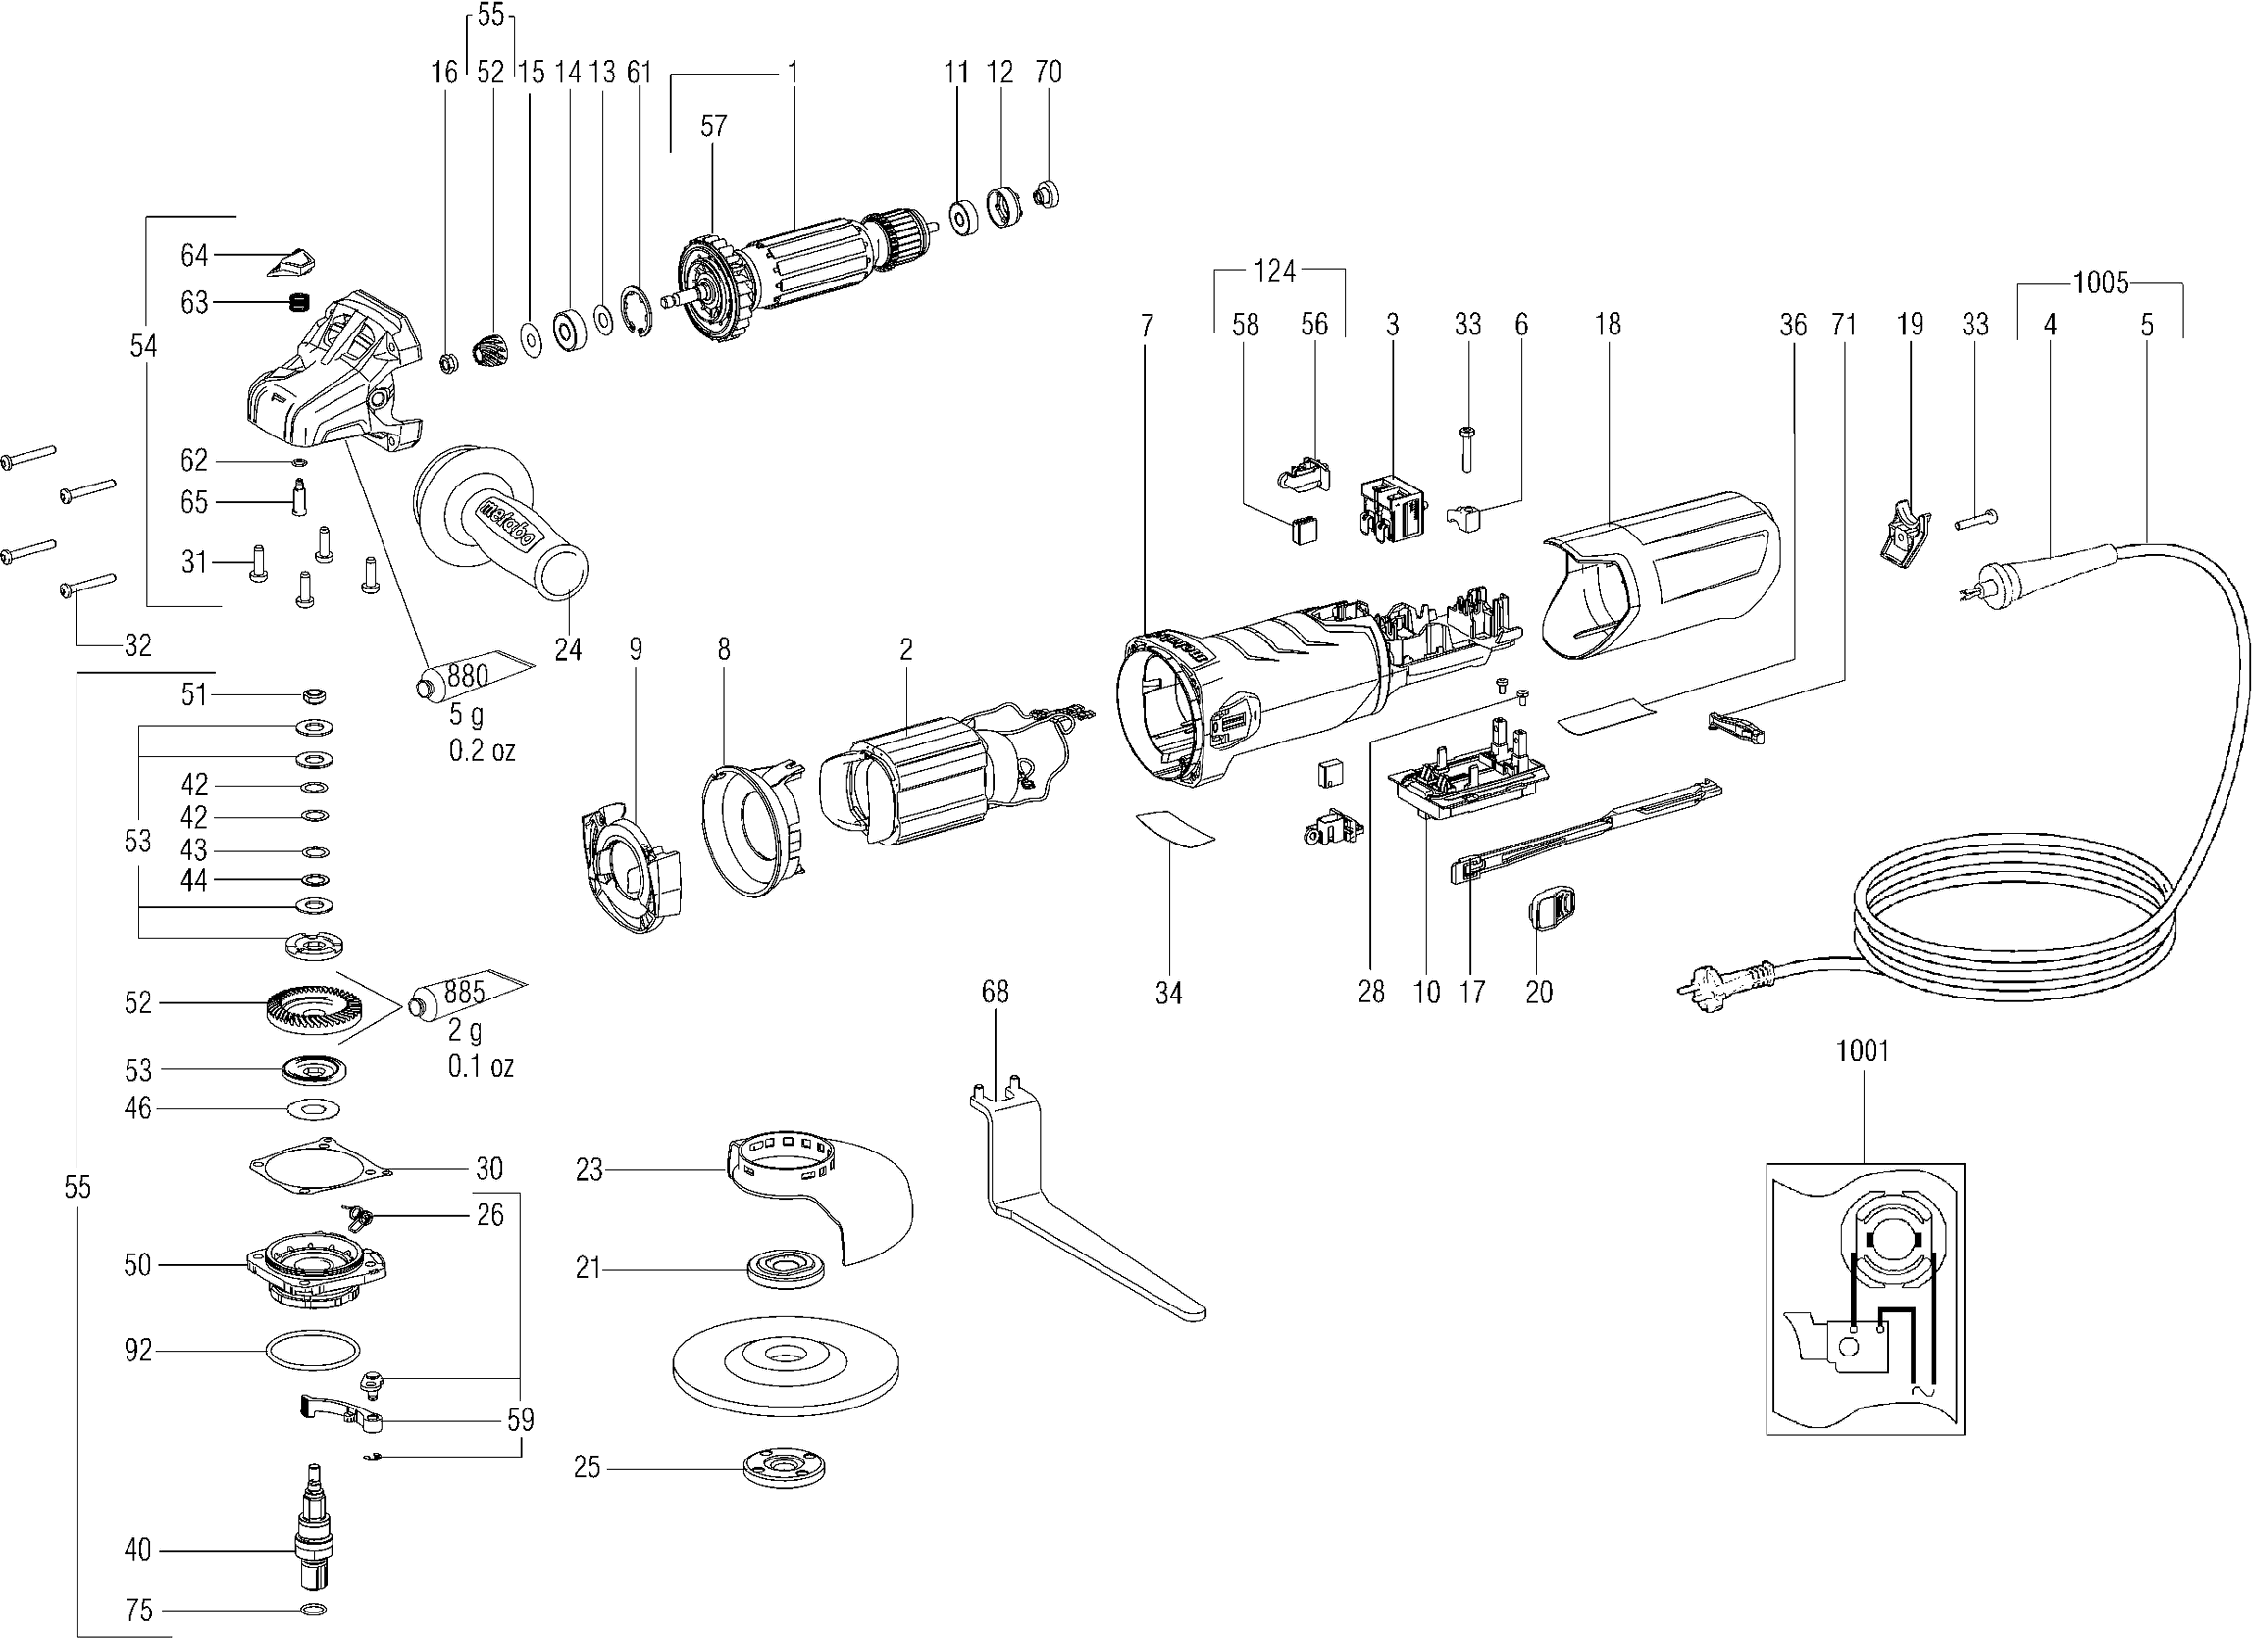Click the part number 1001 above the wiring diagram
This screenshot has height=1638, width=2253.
1862,1050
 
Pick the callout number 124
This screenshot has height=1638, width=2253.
1274,270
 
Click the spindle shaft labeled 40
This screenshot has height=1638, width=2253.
315,1530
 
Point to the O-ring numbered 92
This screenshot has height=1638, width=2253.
312,1351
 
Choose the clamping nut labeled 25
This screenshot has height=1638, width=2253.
785,1468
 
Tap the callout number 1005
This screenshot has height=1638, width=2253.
2100,284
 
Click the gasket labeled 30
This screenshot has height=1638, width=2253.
318,1168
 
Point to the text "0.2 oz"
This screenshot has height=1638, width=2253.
482,751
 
